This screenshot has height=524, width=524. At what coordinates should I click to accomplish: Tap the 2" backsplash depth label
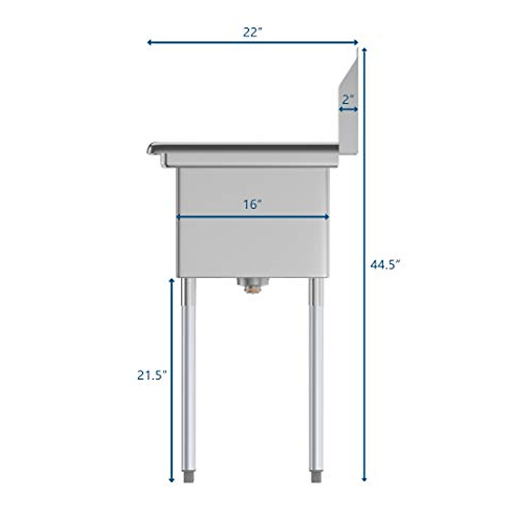[348, 99]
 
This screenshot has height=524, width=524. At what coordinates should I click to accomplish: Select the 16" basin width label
[252, 204]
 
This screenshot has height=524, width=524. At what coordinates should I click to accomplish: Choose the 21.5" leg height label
[152, 375]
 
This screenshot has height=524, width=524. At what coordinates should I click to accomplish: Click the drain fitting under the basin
[251, 285]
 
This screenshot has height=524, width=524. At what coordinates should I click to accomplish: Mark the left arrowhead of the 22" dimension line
[149, 42]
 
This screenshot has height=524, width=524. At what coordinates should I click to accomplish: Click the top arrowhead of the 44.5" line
[364, 49]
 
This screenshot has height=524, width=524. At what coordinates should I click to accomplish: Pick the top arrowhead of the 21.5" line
[172, 281]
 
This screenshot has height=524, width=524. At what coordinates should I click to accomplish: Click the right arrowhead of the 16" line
[327, 216]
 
